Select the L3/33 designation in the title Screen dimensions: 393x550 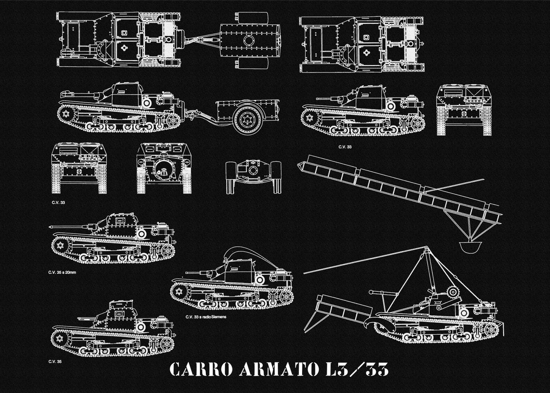click(354, 370)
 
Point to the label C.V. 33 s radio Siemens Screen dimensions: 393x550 click(206, 317)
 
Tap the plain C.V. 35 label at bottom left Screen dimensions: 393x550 click(55, 361)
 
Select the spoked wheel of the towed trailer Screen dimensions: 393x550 click(247, 119)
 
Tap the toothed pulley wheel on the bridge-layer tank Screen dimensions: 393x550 click(452, 292)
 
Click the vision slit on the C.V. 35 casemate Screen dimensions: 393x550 click(120, 314)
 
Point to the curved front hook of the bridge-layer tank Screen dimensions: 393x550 click(369, 324)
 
